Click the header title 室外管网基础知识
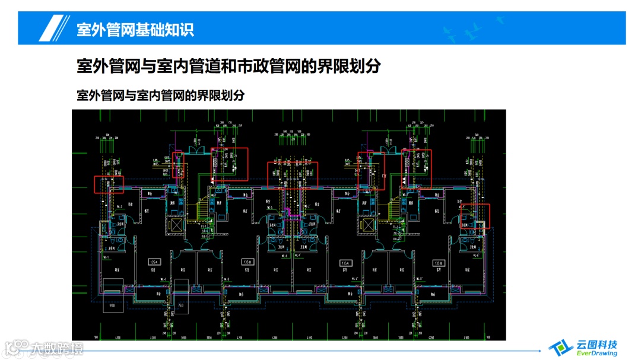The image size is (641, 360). pos(135,29)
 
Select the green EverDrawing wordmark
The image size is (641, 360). pos(596,354)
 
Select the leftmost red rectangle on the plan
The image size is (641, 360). pos(109,184)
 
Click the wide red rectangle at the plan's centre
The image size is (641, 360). pos(293,174)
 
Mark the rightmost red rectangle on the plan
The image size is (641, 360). pos(475,216)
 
